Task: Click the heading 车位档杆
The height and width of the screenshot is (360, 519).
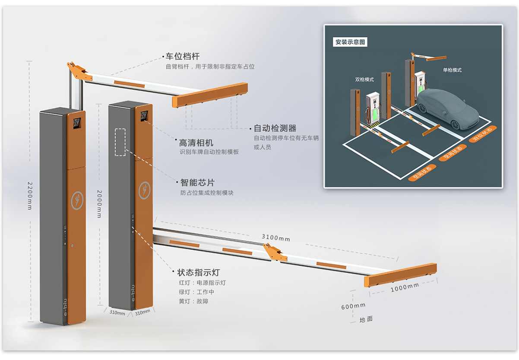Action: point(183,56)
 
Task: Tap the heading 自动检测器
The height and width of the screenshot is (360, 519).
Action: point(275,128)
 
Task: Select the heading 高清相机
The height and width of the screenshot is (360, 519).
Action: point(196,143)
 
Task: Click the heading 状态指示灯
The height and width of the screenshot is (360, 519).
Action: point(199,273)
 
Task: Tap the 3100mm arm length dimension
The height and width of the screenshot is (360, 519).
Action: point(276,238)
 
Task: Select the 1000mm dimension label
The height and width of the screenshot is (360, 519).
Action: point(405,287)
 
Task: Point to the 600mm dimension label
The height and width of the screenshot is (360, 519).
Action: point(353,306)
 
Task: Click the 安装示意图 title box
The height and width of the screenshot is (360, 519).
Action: point(350,42)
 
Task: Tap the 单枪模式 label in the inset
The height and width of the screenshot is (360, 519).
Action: point(452,70)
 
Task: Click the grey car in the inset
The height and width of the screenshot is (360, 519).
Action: point(446,108)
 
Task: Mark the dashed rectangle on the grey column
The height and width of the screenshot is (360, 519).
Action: point(120,142)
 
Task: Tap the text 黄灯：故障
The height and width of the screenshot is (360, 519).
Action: point(193,301)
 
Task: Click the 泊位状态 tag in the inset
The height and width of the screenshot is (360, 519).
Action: point(482,134)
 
